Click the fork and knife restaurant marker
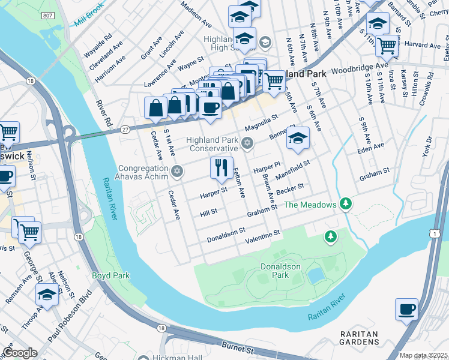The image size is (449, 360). [x=221, y=168]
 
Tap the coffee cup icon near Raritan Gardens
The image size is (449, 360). [x=406, y=310]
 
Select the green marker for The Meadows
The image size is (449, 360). [x=345, y=205]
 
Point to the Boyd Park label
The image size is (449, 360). [x=110, y=275]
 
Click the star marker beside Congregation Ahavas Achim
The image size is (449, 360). [x=176, y=172]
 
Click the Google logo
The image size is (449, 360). [x=20, y=353]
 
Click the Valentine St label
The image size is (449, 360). [x=263, y=236]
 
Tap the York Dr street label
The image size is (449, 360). [x=427, y=147]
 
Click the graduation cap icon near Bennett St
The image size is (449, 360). [x=298, y=138]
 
